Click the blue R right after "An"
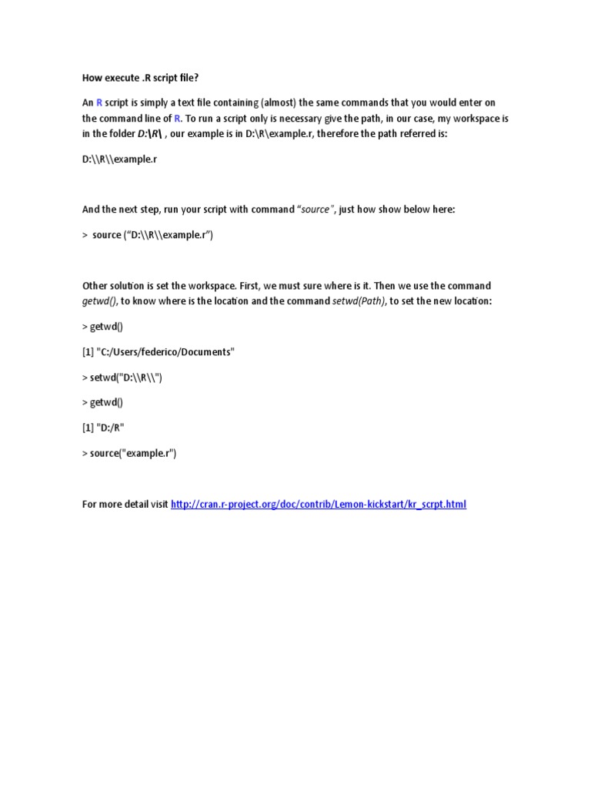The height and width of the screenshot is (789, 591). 99,102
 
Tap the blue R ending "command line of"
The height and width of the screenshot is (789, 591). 177,119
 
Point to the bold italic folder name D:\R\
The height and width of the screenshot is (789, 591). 152,134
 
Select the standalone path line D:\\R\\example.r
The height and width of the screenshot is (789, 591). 123,159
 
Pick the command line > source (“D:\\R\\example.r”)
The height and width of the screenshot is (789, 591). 148,235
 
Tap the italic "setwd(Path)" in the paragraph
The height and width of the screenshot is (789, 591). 358,301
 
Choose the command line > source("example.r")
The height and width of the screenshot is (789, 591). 129,453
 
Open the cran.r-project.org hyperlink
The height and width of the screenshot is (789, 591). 319,504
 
